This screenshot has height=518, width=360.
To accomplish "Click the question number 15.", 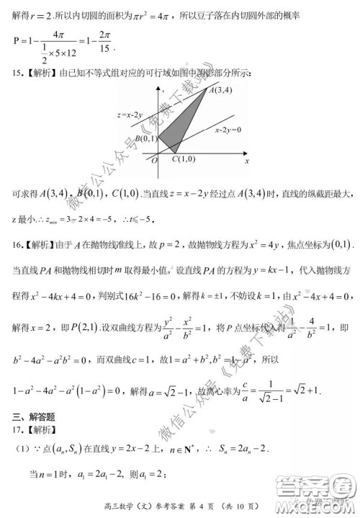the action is click(17, 72).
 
